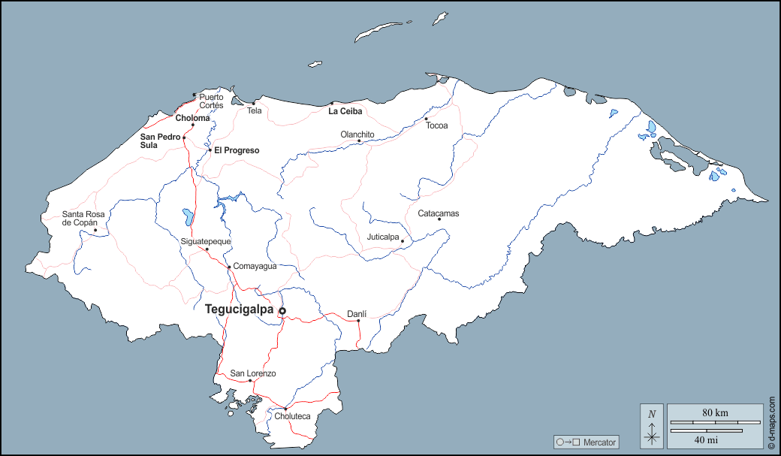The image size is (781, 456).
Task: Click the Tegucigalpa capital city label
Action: click(239, 309)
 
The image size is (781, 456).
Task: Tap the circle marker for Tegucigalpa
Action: click(282, 311)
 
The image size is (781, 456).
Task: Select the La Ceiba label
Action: click(345, 111)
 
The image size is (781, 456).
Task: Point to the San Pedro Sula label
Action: click(159, 141)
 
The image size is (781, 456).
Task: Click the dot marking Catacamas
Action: click(439, 219)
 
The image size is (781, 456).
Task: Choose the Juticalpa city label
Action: click(383, 237)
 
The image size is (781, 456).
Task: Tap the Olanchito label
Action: click(357, 134)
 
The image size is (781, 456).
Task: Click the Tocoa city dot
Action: click(426, 119)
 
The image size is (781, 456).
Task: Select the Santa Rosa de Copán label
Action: click(83, 219)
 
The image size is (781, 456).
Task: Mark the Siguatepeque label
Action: click(206, 241)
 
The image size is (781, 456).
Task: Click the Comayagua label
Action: click(255, 266)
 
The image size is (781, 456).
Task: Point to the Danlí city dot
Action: click(358, 321)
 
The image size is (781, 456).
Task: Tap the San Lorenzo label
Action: click(253, 373)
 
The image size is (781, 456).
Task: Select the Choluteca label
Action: click(292, 416)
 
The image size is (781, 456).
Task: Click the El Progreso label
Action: click(237, 150)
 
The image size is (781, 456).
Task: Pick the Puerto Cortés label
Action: click(211, 101)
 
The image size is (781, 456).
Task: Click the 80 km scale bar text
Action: click(715, 412)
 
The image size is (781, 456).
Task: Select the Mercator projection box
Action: click(587, 442)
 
